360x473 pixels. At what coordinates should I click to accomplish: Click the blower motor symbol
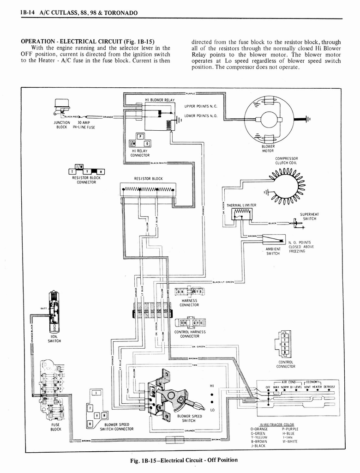point(268,119)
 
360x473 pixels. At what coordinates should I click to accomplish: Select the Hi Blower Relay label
point(160,100)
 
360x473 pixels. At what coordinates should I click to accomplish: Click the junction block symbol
point(60,107)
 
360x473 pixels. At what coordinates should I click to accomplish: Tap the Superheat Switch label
point(309,217)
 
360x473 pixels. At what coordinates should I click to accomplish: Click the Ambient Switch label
point(273,251)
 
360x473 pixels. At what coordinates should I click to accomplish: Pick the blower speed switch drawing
point(173,395)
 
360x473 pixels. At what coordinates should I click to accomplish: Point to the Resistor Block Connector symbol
point(87,171)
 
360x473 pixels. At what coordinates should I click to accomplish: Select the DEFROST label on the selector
point(329,386)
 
